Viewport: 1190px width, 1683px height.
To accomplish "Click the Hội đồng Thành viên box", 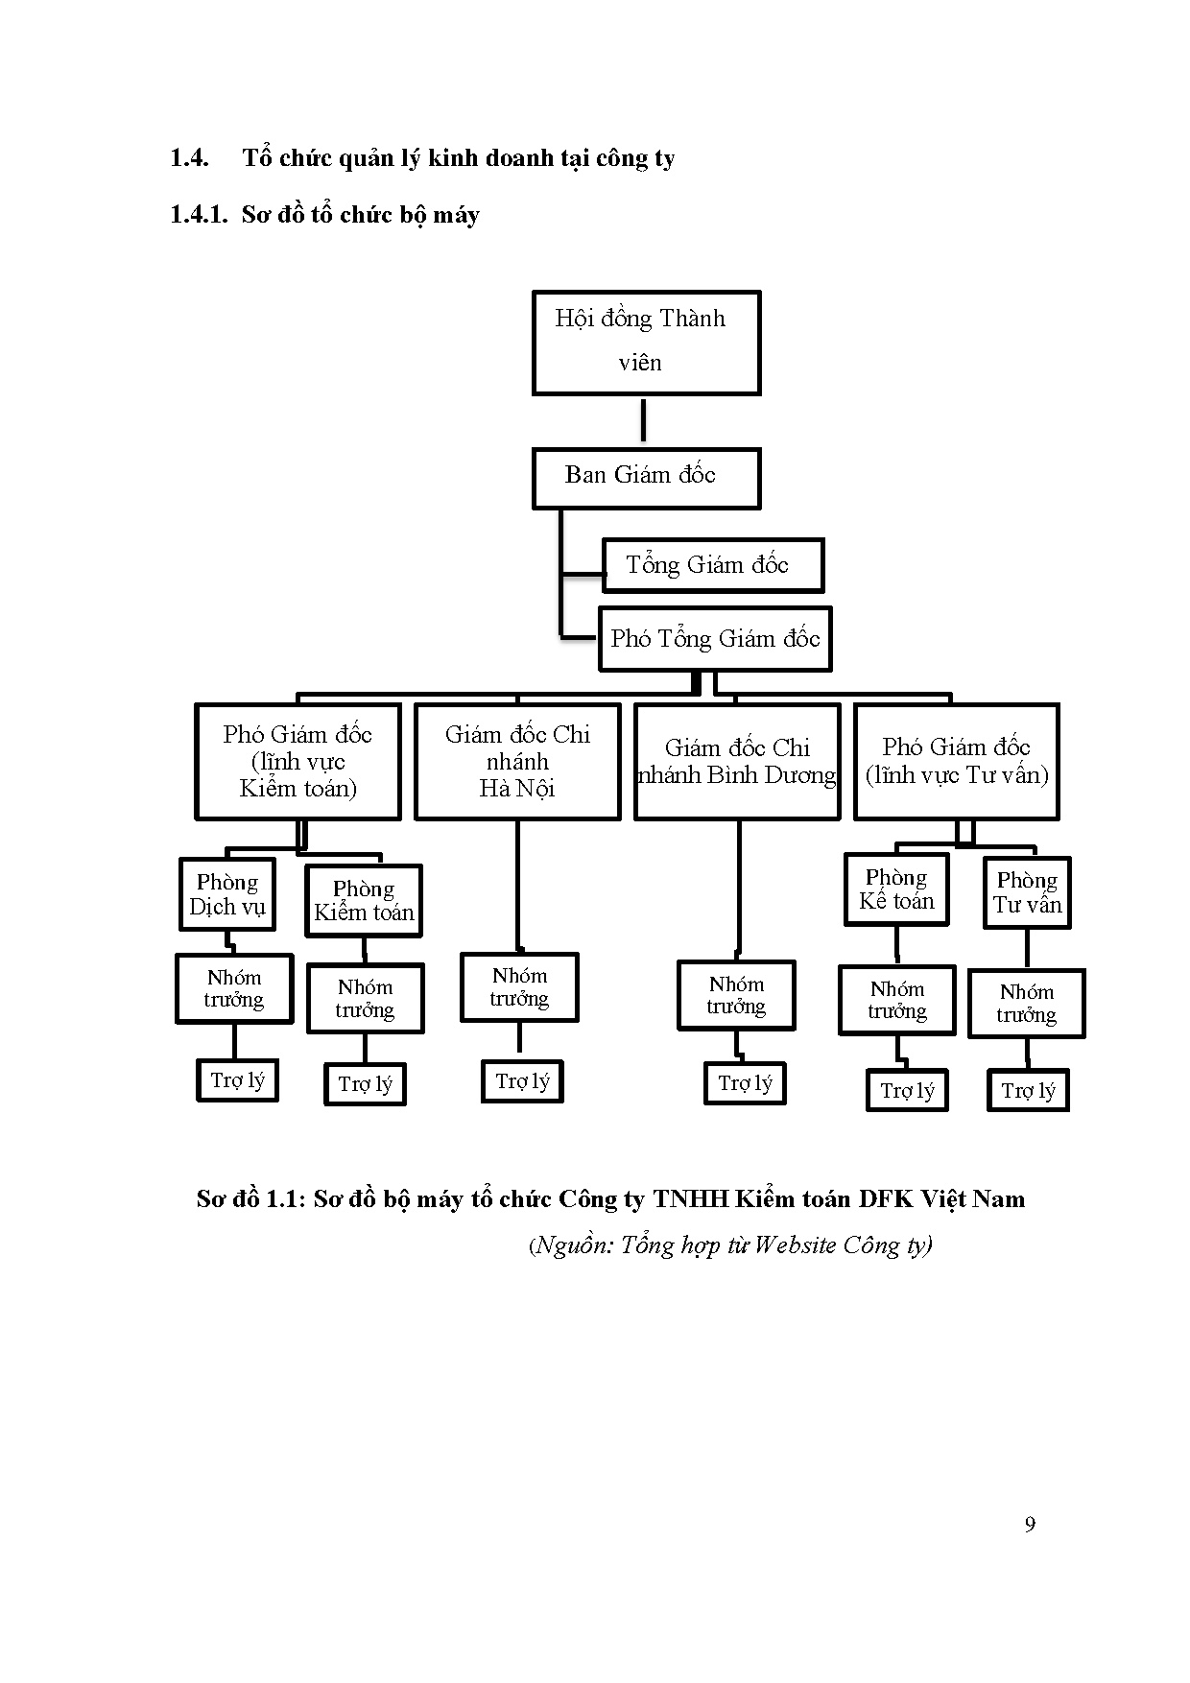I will point(646,343).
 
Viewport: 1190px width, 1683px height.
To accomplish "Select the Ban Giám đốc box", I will point(646,478).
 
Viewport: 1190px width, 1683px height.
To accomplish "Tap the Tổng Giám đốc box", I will point(712,565).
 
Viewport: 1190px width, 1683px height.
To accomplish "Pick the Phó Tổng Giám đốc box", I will point(714,639).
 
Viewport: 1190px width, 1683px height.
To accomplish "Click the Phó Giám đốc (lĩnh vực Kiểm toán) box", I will point(297,762).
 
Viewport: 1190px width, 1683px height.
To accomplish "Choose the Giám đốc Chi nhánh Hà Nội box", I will point(517,762).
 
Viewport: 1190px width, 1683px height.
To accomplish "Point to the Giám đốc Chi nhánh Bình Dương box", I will point(737,762).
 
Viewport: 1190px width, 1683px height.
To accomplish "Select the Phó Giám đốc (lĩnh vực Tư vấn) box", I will point(957,762).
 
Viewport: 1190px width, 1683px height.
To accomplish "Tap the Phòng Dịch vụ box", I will point(227,894).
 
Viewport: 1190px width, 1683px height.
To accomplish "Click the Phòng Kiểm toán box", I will point(364,901).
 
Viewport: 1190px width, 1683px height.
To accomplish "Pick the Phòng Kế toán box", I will point(896,889).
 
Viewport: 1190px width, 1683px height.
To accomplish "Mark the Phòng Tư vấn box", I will point(1027,893).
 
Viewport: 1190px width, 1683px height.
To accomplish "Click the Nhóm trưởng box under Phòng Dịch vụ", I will point(234,988).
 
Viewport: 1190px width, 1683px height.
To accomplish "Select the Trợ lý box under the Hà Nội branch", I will point(522,1081).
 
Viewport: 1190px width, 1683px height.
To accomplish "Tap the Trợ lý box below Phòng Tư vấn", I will point(1028,1091).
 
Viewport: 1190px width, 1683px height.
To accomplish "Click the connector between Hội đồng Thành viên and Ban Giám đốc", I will point(643,420).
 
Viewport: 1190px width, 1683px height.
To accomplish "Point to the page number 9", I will point(1030,1525).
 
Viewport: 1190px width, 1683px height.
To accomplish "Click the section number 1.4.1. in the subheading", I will point(198,215).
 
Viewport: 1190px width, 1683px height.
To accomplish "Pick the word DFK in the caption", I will point(886,1199).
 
